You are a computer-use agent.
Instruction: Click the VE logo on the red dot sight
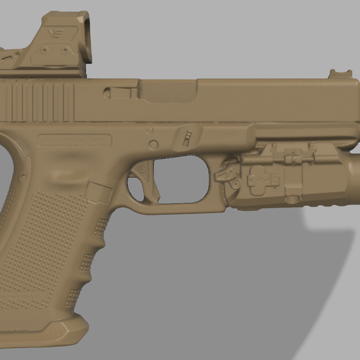pos(54,33)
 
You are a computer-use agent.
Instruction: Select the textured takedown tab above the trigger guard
pos(186,135)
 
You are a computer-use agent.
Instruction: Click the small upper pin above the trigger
pos(149,130)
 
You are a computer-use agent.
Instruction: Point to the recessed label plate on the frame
pos(75,140)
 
